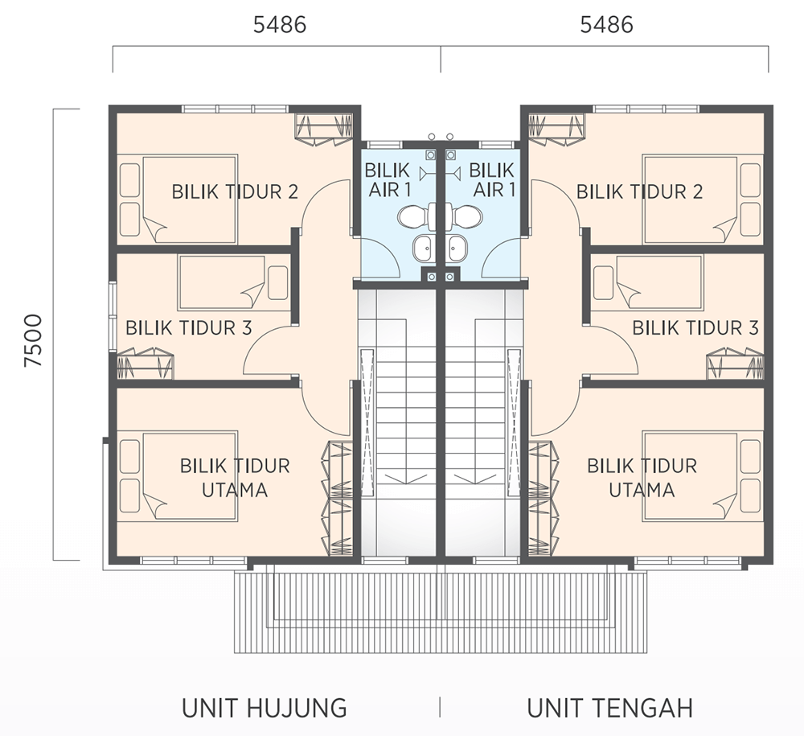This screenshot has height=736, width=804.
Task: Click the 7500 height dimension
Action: [x=33, y=340]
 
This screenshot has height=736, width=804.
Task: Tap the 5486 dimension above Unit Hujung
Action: [x=280, y=25]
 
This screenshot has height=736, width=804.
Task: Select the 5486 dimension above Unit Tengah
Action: [x=606, y=25]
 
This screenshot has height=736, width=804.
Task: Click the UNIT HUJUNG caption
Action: [x=264, y=708]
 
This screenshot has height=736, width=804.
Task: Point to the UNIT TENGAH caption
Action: [x=610, y=708]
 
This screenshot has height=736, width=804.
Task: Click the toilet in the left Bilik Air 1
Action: [x=416, y=216]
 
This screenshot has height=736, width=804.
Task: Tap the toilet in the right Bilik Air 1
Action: [x=464, y=216]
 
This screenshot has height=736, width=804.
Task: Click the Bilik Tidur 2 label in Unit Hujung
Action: [x=235, y=191]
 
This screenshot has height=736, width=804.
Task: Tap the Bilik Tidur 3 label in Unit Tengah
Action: [x=695, y=327]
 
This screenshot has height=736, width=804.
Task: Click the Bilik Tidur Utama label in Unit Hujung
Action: [x=235, y=478]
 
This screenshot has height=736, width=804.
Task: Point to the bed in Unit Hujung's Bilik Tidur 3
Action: [x=222, y=282]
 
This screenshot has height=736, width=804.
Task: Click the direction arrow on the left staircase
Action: [x=405, y=479]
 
